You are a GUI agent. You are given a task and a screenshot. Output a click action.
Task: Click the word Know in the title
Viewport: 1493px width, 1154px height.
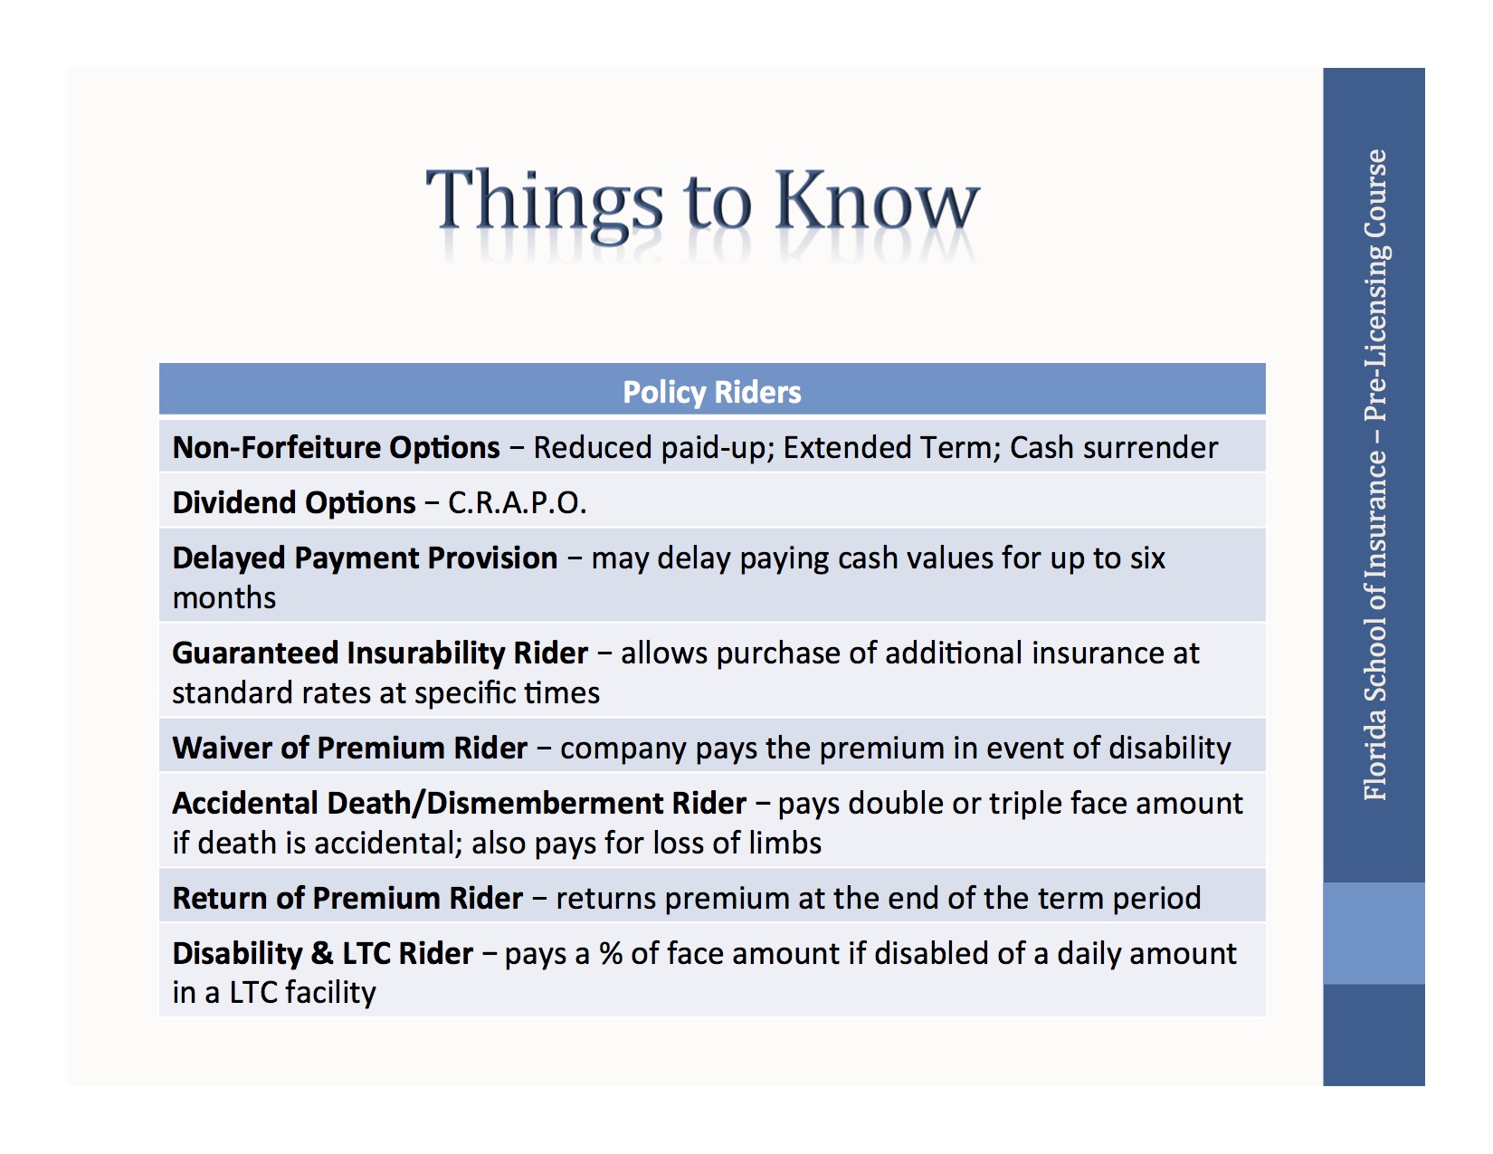[876, 201]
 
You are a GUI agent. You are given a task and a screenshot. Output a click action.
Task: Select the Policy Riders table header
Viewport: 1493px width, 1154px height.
[712, 392]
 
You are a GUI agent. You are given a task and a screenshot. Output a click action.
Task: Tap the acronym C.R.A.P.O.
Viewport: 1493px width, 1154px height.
[517, 503]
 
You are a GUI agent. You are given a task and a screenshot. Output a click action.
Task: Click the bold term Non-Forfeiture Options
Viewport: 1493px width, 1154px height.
[336, 448]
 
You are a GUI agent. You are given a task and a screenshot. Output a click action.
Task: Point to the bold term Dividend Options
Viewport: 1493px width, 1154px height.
[294, 503]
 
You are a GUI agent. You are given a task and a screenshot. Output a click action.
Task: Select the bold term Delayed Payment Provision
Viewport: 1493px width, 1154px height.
[365, 558]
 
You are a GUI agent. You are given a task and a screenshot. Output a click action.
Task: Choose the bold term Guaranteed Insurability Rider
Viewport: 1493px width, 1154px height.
[380, 653]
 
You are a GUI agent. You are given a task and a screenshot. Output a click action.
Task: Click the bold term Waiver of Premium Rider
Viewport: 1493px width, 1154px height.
[349, 749]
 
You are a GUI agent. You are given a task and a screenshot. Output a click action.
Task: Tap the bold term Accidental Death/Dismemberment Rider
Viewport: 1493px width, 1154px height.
[459, 804]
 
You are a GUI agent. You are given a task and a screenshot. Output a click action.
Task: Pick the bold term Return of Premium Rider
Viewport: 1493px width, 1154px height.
[347, 899]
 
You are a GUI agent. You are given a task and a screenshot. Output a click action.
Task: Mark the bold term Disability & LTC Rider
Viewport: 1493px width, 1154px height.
[322, 954]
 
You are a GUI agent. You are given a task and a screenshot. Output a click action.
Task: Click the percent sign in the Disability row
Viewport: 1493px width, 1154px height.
[611, 954]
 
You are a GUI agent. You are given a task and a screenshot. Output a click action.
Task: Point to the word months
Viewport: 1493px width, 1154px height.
[224, 598]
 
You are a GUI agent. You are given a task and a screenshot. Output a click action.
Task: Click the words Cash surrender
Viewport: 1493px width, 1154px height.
[1114, 448]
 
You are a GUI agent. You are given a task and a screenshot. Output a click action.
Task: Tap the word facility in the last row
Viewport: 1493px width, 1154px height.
[329, 993]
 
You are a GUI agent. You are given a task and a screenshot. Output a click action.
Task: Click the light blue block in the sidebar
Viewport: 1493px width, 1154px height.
[1374, 933]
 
